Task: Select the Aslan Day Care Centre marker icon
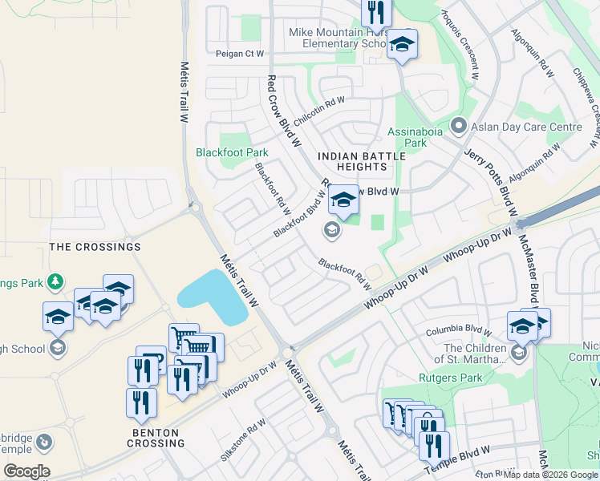(x=458, y=126)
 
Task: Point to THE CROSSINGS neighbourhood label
(x=95, y=247)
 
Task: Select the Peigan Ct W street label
(x=239, y=54)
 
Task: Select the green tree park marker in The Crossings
(x=55, y=281)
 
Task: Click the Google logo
(x=26, y=471)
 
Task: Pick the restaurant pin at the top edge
(x=375, y=10)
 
